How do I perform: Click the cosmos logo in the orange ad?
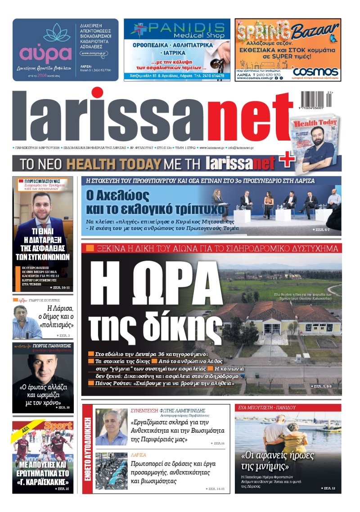[x=315, y=72]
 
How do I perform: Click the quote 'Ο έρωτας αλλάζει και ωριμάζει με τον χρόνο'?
[x=43, y=394]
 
